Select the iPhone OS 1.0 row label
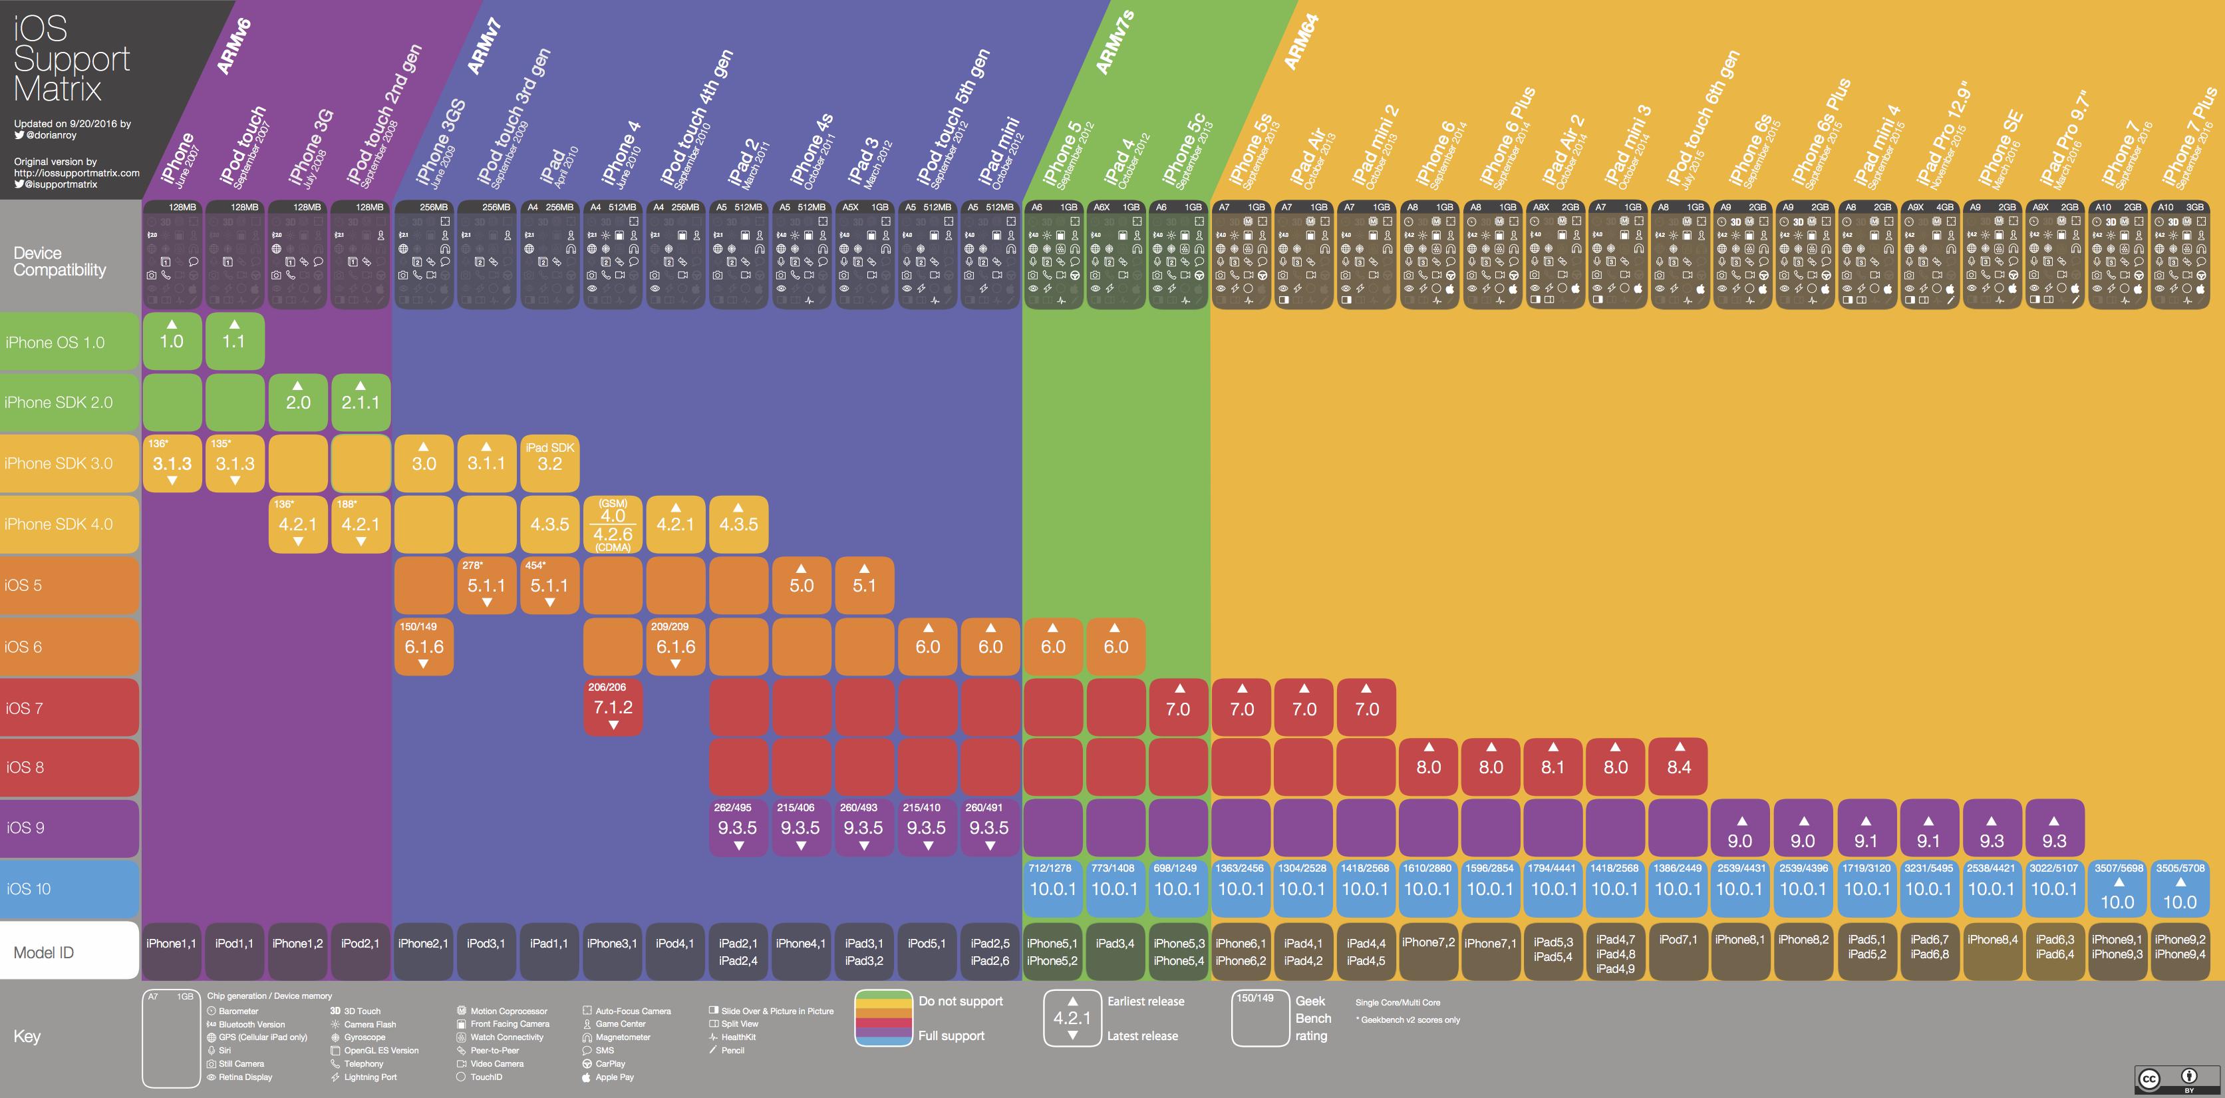coord(55,342)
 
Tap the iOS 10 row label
coord(29,889)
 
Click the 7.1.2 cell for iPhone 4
coord(613,707)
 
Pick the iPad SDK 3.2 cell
coord(549,457)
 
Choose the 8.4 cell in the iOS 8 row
coord(1678,766)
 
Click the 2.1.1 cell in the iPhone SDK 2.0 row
coord(360,402)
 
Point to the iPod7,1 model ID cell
coord(1678,940)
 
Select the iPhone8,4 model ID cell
coord(1992,940)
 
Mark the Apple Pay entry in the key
coord(614,1077)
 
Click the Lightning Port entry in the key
coord(370,1077)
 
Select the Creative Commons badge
coord(2176,1078)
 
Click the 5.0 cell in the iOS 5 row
coord(802,585)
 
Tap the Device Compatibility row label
coord(60,261)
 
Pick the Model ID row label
coord(44,952)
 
